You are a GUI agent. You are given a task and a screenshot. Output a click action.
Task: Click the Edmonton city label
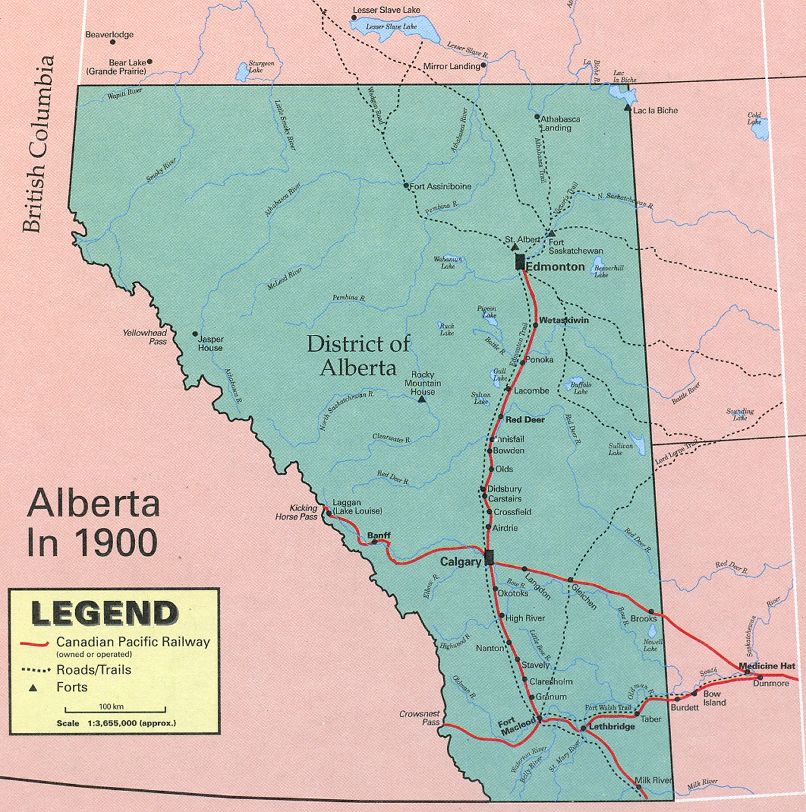pyautogui.click(x=555, y=267)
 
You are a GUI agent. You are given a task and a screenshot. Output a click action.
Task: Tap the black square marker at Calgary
pyautogui.click(x=488, y=558)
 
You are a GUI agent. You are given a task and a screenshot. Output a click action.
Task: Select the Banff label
pyautogui.click(x=379, y=535)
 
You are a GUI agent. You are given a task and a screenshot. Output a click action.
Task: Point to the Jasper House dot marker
pyautogui.click(x=195, y=334)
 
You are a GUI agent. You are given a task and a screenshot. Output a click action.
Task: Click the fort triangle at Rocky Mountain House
pyautogui.click(x=422, y=399)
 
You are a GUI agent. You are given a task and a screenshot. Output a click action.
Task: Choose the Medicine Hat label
pyautogui.click(x=767, y=666)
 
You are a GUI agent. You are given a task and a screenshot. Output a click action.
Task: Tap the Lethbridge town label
pyautogui.click(x=612, y=727)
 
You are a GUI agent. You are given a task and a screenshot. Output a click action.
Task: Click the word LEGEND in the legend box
pyautogui.click(x=105, y=613)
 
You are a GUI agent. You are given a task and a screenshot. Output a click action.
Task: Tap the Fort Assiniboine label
pyautogui.click(x=440, y=187)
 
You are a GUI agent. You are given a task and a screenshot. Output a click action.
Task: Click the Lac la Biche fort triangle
pyautogui.click(x=627, y=109)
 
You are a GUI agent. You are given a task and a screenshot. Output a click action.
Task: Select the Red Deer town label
pyautogui.click(x=525, y=420)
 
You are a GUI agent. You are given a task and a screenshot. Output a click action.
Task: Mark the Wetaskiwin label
pyautogui.click(x=564, y=320)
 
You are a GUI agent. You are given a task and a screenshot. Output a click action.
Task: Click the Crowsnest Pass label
pyautogui.click(x=419, y=718)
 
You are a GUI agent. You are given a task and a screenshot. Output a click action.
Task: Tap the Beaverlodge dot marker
pyautogui.click(x=113, y=42)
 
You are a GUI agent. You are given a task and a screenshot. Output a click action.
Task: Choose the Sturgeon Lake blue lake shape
pyautogui.click(x=242, y=72)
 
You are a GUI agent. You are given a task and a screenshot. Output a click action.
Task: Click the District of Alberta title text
pyautogui.click(x=358, y=356)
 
